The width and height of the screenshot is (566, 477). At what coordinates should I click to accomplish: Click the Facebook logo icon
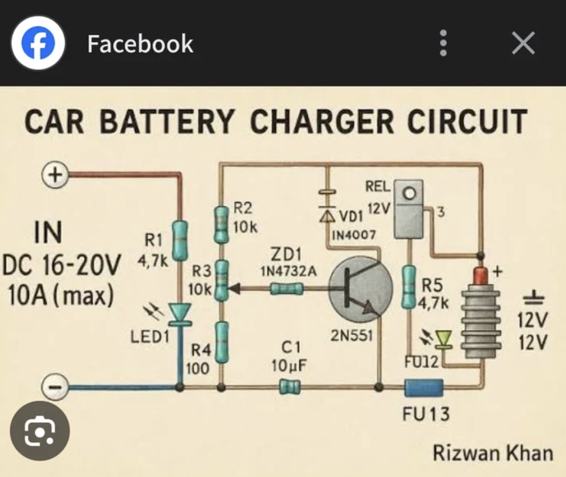click(38, 43)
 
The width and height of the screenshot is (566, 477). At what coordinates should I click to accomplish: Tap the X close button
click(523, 43)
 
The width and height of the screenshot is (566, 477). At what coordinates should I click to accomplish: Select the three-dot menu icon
click(443, 43)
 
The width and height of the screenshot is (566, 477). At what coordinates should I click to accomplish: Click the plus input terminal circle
click(55, 174)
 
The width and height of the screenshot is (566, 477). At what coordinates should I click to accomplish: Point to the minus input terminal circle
click(55, 387)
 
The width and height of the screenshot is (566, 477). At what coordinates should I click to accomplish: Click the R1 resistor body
click(180, 239)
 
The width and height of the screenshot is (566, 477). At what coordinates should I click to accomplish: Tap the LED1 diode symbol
click(180, 313)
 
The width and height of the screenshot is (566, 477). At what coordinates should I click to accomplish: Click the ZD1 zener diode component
click(286, 289)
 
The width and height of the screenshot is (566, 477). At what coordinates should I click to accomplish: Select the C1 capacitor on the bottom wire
click(289, 387)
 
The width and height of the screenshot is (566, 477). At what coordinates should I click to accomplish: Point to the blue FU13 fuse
click(424, 388)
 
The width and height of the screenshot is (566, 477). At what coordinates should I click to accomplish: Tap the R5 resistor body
click(409, 285)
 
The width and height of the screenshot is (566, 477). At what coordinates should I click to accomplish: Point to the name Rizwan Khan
click(492, 453)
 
